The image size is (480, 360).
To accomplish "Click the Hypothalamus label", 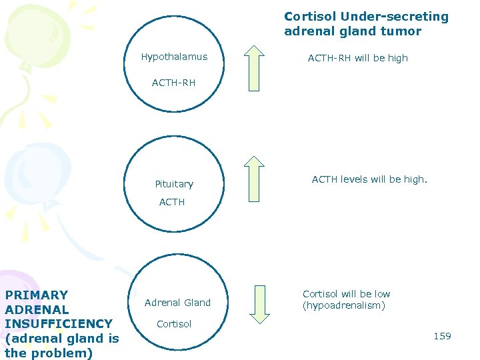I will pos(174,57).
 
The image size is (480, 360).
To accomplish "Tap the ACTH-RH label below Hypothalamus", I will pos(173,83).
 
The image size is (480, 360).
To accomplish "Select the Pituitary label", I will pos(174,184).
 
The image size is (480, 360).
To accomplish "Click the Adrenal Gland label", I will pos(177,303).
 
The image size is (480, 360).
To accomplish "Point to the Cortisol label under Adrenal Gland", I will pos(174,324).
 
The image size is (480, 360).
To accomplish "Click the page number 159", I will pos(442,336).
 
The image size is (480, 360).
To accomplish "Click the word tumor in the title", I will pos(401,31).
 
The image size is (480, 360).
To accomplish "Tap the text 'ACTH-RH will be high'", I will pos(357,58).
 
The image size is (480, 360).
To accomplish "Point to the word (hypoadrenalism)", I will pos(344,306).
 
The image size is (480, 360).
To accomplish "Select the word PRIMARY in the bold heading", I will pos(36,295).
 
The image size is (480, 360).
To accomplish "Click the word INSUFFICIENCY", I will pos(59,324).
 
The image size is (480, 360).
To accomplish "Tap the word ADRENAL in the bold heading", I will pos(37,309).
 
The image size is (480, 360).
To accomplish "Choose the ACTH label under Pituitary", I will pos(172,202).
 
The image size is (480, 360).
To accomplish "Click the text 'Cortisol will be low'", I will pos(346,294).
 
